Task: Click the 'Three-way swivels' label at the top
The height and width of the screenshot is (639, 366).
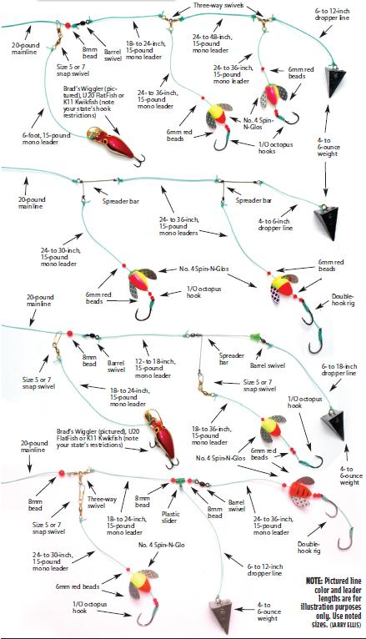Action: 213,5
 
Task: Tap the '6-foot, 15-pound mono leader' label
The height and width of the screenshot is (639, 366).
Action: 47,138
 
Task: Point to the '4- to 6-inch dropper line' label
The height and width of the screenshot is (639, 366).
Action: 275,224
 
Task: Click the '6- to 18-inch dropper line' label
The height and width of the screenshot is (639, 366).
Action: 338,370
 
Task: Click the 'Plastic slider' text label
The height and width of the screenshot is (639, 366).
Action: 171,517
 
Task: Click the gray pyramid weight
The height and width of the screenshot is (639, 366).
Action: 222,610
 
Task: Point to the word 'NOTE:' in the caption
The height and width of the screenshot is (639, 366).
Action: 314,581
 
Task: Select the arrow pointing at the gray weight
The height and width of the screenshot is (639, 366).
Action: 245,610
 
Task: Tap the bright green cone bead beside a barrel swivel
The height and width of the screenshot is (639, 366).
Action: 254,337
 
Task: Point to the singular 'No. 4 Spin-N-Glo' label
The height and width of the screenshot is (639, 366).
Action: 161,545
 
